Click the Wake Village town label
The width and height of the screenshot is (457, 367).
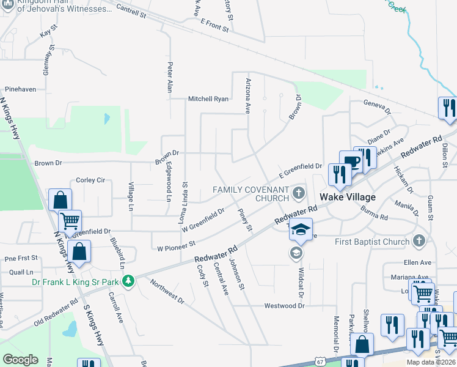347,197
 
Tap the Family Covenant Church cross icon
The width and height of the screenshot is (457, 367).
299,194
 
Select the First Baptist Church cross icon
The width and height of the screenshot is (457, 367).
419,241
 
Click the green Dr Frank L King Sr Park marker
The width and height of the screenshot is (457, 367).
128,281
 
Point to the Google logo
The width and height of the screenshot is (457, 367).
20,360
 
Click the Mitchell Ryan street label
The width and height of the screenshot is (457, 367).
208,98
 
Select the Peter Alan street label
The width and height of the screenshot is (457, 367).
170,77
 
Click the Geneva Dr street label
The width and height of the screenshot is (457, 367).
376,107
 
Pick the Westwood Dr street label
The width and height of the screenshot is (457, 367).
284,305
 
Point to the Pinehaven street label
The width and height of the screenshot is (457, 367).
18,89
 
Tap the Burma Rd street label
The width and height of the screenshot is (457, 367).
374,214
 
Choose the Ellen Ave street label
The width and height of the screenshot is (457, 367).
417,262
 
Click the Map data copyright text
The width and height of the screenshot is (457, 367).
431,362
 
